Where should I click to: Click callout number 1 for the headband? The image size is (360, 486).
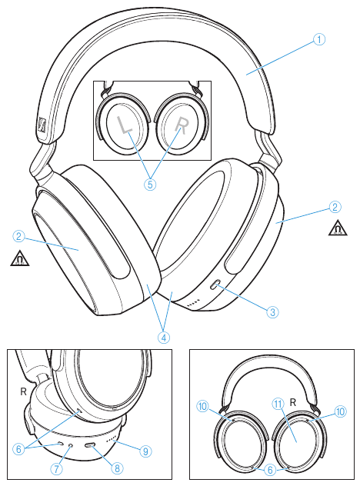click(x=319, y=39)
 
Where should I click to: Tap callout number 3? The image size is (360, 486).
click(x=272, y=311)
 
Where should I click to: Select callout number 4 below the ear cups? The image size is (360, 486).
click(x=164, y=338)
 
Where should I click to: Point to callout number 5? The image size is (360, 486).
click(x=150, y=185)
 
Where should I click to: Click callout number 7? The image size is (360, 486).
click(x=56, y=468)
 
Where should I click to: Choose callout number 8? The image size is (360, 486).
click(x=117, y=468)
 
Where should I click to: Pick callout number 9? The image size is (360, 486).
click(x=145, y=451)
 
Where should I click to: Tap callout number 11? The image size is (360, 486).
click(x=278, y=404)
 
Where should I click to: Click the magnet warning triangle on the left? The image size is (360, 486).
click(x=20, y=259)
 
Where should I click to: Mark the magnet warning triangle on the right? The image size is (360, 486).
click(x=338, y=228)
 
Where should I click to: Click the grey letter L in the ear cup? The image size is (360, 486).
click(x=125, y=126)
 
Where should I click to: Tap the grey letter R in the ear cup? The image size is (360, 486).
click(x=182, y=126)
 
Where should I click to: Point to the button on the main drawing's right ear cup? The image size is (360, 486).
click(x=215, y=285)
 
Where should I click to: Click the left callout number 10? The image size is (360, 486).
click(x=202, y=406)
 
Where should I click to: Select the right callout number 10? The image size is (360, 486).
click(x=340, y=411)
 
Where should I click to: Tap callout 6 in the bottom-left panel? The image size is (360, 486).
click(x=19, y=448)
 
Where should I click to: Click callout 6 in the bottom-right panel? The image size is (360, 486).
click(x=270, y=470)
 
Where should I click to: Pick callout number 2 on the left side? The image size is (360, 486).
click(x=19, y=237)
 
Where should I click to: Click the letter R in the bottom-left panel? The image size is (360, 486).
click(x=23, y=391)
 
